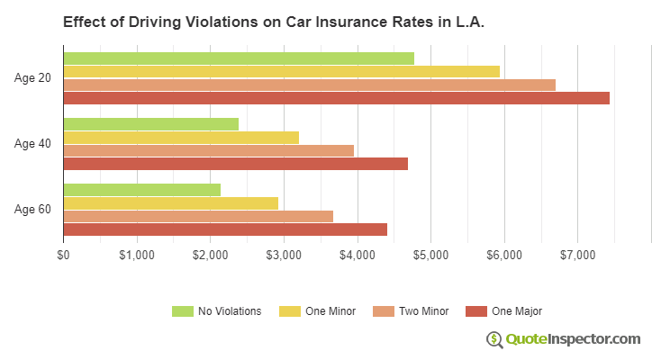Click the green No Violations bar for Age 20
point(239,58)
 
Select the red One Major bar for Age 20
point(336,98)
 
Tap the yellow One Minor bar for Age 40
point(181,138)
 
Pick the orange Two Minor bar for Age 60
point(198,216)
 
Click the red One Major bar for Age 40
point(235,164)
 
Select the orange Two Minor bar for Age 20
point(309,85)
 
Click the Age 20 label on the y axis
point(32,78)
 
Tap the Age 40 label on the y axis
point(32,144)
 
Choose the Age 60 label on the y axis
point(32,210)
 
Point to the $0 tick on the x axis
point(63,256)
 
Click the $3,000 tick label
point(284,256)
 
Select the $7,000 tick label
point(577,256)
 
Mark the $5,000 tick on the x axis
point(430,256)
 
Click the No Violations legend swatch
point(183,311)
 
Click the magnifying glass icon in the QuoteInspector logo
point(494,339)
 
